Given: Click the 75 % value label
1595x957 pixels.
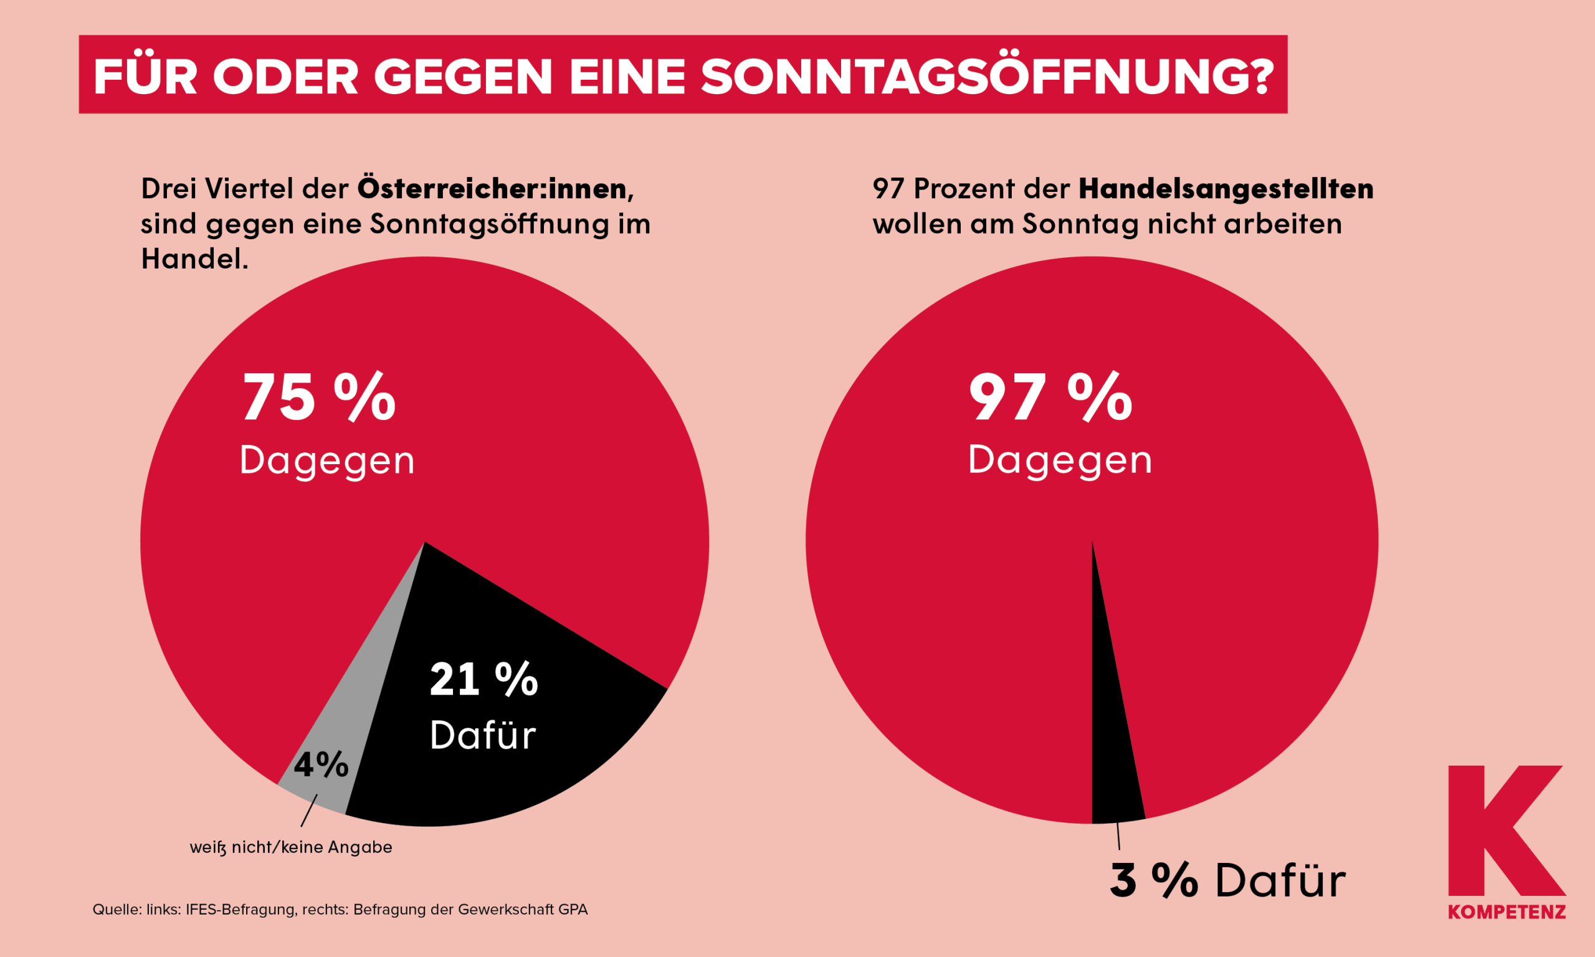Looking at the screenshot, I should coord(318,398).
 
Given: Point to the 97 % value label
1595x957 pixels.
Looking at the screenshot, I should coord(1050,398).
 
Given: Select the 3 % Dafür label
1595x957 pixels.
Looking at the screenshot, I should coord(1227,880).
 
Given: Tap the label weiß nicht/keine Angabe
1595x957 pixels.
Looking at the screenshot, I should coord(291,847).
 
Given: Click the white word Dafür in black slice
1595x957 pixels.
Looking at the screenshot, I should coord(483,735).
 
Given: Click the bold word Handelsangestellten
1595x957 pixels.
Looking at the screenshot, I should coord(1226,188).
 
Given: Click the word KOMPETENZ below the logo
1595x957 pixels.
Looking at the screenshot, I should coord(1507,913).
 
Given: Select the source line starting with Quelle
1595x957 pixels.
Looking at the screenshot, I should coord(340,910).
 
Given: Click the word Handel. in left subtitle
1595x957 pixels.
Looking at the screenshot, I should coord(194,259).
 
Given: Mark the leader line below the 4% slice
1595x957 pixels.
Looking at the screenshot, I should coord(309,810).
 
